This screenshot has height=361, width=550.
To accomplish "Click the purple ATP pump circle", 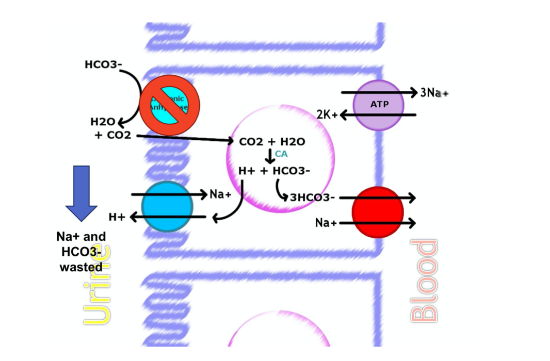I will pyautogui.click(x=378, y=105).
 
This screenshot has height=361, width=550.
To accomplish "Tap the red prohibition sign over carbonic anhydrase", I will pyautogui.click(x=169, y=105).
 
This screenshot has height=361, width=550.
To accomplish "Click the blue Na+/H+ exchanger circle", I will pyautogui.click(x=167, y=206).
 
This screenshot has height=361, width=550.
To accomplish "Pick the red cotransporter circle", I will pyautogui.click(x=378, y=212).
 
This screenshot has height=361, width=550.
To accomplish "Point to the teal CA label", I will pyautogui.click(x=281, y=154).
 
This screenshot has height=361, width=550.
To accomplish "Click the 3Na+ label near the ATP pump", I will pyautogui.click(x=434, y=93).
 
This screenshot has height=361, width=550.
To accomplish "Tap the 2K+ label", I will pyautogui.click(x=327, y=114).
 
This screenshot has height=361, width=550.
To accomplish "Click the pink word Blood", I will pyautogui.click(x=424, y=281).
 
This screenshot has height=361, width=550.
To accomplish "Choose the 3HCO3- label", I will pyautogui.click(x=312, y=198).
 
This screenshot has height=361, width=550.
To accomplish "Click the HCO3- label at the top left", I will pyautogui.click(x=103, y=65).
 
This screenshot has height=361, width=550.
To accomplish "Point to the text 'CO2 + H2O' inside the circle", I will pyautogui.click(x=272, y=142).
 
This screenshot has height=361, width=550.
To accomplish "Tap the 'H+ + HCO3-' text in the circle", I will pyautogui.click(x=274, y=171).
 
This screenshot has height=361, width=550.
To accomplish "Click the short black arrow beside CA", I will pyautogui.click(x=269, y=156).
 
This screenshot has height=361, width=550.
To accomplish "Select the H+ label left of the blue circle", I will pyautogui.click(x=117, y=217).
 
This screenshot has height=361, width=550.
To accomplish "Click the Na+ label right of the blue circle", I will pyautogui.click(x=221, y=194).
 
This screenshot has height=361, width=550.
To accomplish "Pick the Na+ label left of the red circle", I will pyautogui.click(x=326, y=223).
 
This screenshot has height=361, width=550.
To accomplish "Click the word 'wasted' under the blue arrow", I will pyautogui.click(x=81, y=267).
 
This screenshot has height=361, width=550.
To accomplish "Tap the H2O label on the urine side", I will pyautogui.click(x=103, y=122).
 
